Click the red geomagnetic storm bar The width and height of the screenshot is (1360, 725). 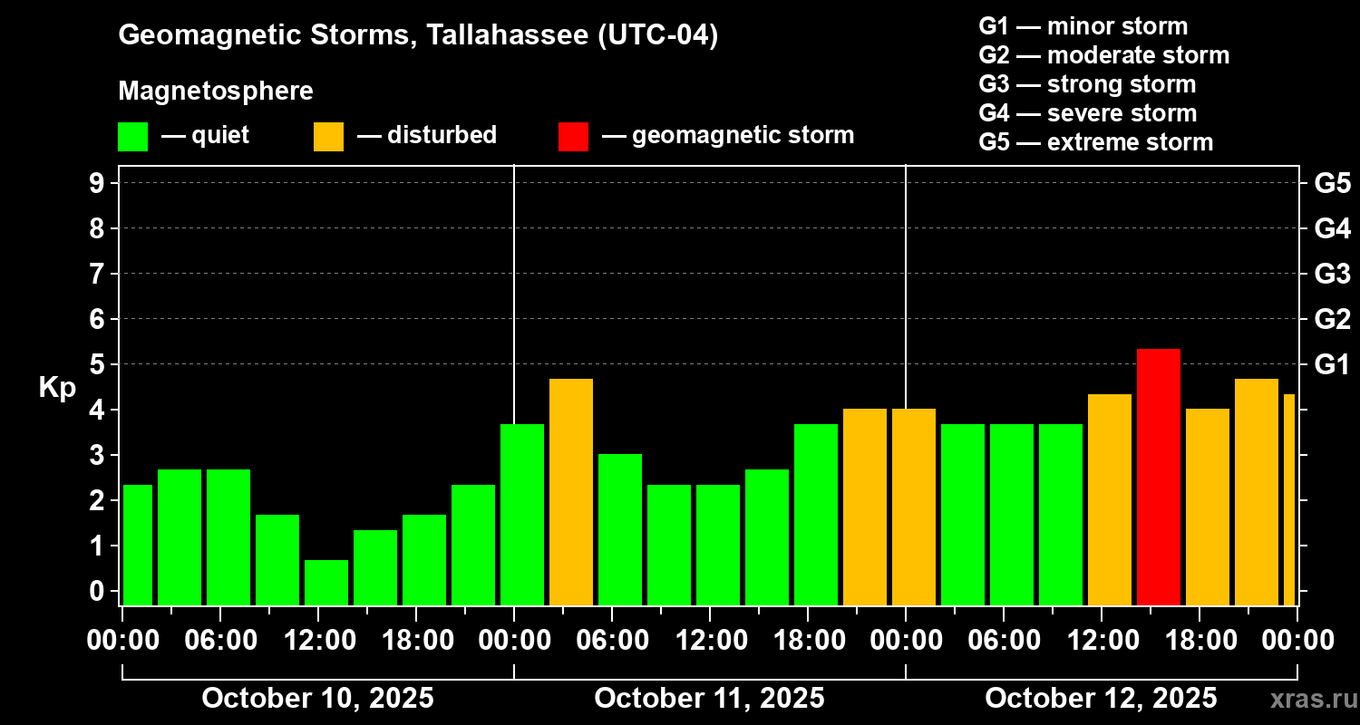1158,477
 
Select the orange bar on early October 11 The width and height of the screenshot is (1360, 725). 570,492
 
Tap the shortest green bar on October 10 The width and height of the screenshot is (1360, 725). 325,582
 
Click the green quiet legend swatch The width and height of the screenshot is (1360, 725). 132,136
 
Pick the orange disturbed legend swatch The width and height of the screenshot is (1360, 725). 328,136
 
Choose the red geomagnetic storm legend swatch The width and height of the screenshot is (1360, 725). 573,136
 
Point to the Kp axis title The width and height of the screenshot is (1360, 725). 57,387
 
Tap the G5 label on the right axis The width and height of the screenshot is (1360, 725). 1332,184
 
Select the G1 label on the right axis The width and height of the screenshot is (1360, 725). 1332,365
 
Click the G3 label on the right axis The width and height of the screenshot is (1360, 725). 1332,275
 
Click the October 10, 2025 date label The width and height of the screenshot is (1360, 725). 317,699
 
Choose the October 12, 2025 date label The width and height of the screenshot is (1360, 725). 1101,699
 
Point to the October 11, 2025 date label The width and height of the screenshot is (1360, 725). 709,699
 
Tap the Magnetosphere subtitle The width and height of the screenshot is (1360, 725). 216,92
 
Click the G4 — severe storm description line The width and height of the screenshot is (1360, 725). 1087,113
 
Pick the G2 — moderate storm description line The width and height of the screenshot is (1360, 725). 1103,55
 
